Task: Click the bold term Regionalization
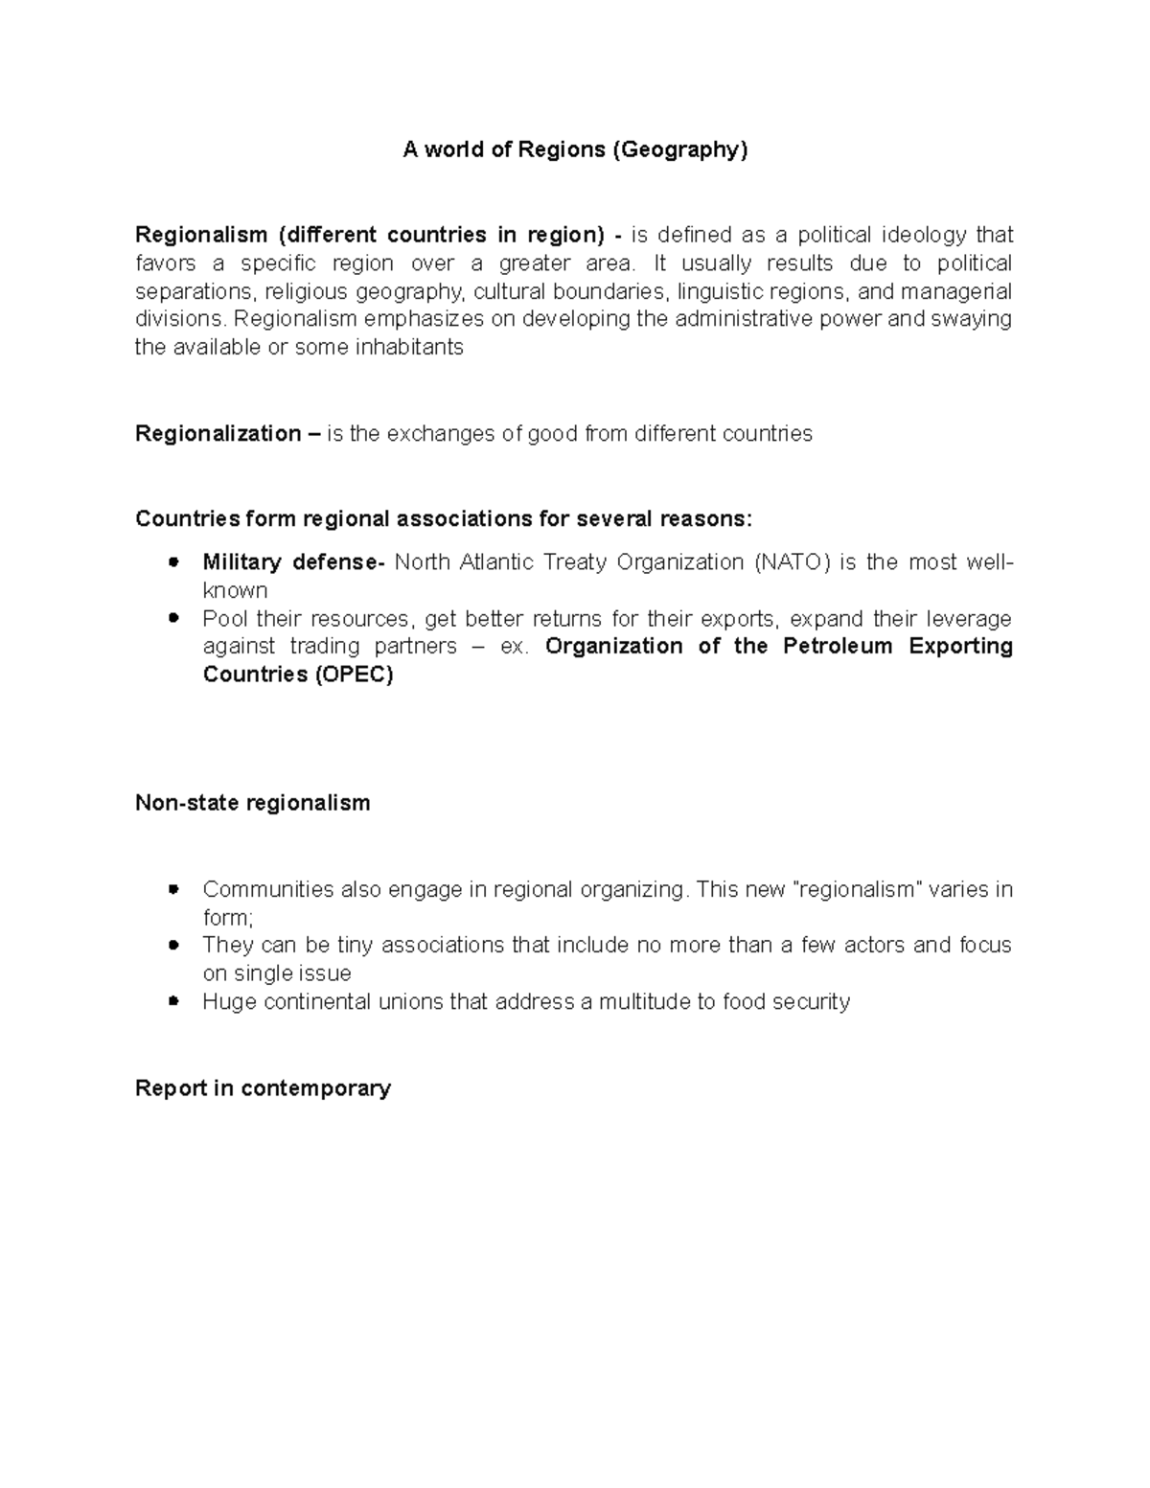pos(218,434)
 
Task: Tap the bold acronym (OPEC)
pos(353,675)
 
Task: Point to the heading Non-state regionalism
pos(252,803)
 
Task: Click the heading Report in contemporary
pos(263,1088)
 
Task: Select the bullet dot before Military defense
pos(173,562)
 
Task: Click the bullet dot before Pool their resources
pos(173,619)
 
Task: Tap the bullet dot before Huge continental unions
pos(173,1002)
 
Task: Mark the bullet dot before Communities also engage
pos(173,890)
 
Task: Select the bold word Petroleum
pos(839,647)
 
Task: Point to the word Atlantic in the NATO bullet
pos(497,561)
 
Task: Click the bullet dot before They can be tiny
pos(173,946)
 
